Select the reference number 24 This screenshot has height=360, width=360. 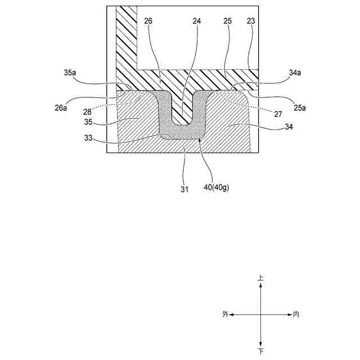[x=196, y=21]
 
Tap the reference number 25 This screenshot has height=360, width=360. [x=227, y=21]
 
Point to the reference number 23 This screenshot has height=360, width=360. [x=251, y=21]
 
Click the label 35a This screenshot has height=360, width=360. [x=70, y=73]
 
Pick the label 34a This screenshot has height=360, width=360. [x=295, y=73]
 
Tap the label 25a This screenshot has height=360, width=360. [x=299, y=107]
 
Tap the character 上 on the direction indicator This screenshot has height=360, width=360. [x=260, y=278]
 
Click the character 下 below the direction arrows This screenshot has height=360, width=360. [x=260, y=352]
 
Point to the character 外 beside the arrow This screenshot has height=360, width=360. [x=225, y=314]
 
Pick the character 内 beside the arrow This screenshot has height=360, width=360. [x=296, y=314]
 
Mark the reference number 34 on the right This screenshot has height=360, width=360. [x=289, y=127]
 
